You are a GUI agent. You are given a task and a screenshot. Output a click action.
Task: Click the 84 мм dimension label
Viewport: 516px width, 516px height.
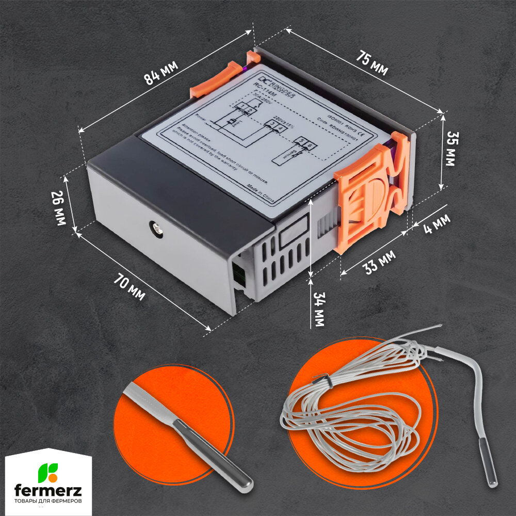pos(161,73)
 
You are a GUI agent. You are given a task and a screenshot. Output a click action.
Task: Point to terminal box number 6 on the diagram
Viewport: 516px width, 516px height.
pos(309,147)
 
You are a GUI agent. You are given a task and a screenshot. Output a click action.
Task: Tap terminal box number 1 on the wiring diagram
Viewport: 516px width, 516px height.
pos(243,107)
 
